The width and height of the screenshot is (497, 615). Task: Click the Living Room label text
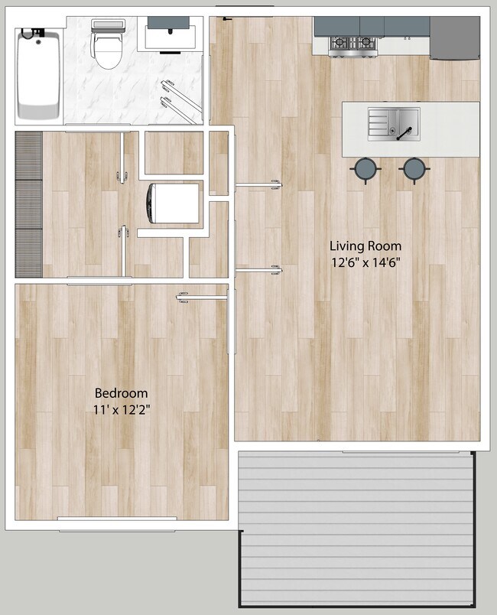point(365,246)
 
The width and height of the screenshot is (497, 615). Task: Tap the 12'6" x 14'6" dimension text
point(365,262)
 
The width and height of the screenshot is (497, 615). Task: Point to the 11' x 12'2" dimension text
point(121,409)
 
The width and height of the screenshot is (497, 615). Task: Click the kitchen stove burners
point(354,44)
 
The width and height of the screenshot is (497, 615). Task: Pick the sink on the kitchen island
point(384,123)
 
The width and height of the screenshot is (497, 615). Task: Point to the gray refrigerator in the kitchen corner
point(454,38)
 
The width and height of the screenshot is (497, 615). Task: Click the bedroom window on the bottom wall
point(117,524)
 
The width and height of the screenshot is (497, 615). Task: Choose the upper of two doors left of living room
point(258,184)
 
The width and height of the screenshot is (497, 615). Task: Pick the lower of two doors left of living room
point(258,269)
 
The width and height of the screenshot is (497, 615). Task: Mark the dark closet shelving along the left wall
point(28,203)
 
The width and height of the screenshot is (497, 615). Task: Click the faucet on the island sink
point(404,129)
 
